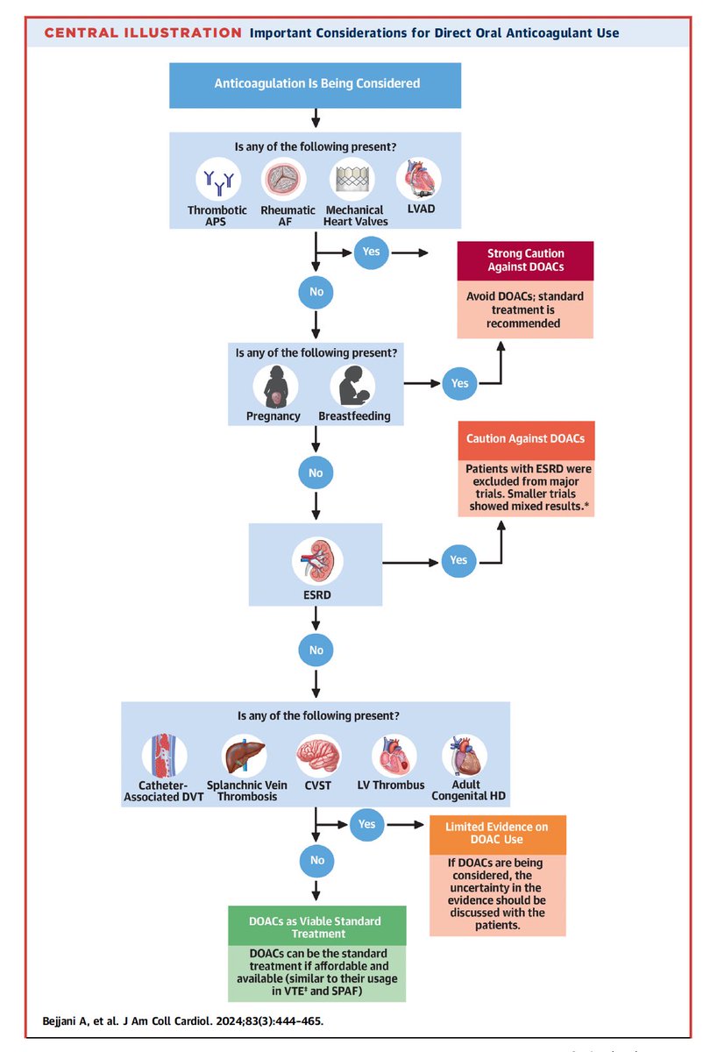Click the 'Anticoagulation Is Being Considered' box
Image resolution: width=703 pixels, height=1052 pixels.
click(x=316, y=84)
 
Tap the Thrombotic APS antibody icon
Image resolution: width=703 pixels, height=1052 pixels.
click(x=218, y=180)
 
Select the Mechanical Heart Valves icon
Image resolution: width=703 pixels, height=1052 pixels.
click(x=353, y=180)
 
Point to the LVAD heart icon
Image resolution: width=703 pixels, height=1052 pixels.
click(x=419, y=180)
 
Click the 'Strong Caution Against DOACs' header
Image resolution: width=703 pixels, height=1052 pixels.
click(x=525, y=261)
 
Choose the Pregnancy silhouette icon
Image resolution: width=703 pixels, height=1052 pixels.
click(x=275, y=386)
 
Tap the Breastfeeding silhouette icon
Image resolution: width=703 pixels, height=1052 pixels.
click(x=351, y=386)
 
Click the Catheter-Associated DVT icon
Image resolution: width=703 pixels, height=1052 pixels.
click(x=164, y=756)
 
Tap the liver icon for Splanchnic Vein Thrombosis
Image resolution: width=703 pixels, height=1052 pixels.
click(x=242, y=756)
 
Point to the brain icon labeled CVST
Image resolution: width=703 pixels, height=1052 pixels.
click(x=317, y=756)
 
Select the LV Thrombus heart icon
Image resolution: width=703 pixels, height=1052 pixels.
click(x=394, y=756)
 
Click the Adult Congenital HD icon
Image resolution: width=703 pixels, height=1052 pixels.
click(x=464, y=756)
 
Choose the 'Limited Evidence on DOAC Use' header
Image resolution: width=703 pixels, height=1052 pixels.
click(x=497, y=835)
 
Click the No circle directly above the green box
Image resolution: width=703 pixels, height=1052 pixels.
click(x=316, y=860)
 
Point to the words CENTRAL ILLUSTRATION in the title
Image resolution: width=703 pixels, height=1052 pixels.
click(x=143, y=33)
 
